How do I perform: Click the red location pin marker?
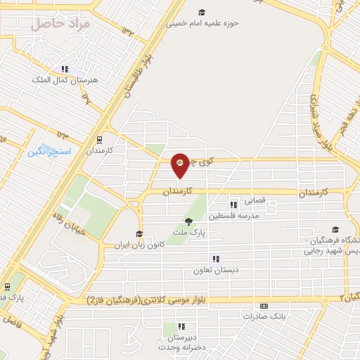[180, 165]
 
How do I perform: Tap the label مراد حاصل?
[62, 23]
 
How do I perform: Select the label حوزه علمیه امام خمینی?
[202, 22]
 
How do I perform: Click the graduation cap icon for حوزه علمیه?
[202, 12]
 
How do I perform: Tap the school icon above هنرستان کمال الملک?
[65, 70]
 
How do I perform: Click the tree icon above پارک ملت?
[187, 221]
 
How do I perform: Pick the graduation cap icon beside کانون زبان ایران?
[139, 234]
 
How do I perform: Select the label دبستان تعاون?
[217, 269]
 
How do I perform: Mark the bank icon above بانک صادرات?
[264, 307]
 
